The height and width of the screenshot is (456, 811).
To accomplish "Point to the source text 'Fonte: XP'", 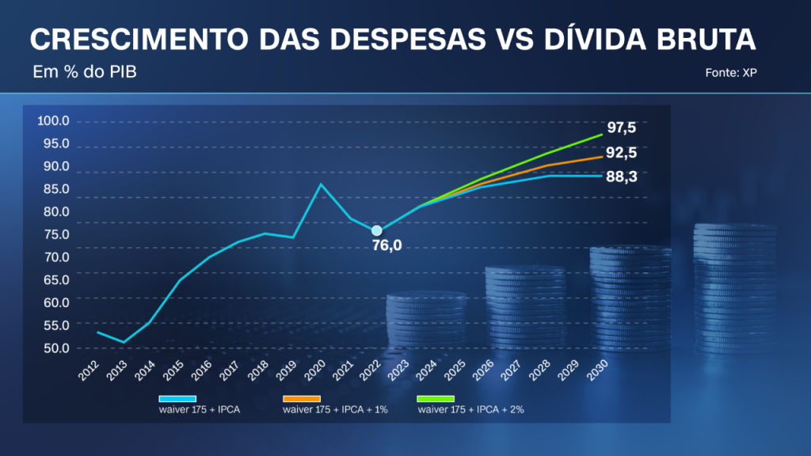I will pyautogui.click(x=732, y=73).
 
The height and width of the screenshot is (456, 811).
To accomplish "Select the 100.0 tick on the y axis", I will pyautogui.click(x=54, y=121).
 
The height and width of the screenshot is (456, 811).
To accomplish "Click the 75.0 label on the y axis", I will pyautogui.click(x=54, y=234).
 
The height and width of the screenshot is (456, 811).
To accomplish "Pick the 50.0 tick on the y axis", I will pyautogui.click(x=54, y=348).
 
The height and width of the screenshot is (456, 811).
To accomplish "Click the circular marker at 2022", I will pyautogui.click(x=377, y=230).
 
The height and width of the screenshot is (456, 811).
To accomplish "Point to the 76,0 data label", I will pyautogui.click(x=387, y=245).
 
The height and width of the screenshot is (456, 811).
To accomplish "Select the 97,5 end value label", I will pyautogui.click(x=622, y=127).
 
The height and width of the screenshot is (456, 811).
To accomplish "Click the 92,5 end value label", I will pyautogui.click(x=622, y=154).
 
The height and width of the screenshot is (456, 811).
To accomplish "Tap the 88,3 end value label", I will pyautogui.click(x=622, y=177).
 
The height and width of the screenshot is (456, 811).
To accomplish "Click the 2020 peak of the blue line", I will pyautogui.click(x=321, y=184).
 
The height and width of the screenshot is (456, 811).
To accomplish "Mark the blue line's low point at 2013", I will pyautogui.click(x=123, y=342).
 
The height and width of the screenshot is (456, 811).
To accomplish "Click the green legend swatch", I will pyautogui.click(x=435, y=399).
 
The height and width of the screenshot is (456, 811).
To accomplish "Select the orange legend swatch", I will pyautogui.click(x=301, y=399).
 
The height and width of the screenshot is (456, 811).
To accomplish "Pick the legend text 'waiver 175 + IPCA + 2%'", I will pyautogui.click(x=470, y=410).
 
